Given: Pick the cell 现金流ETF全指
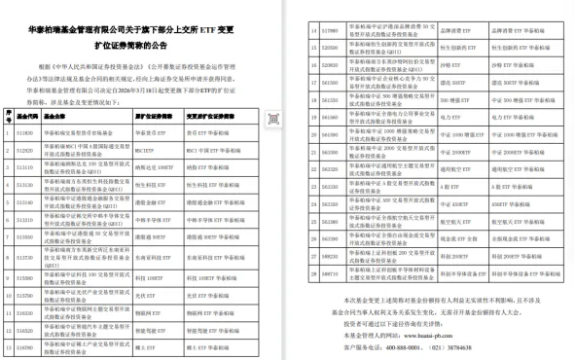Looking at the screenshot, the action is tap(453, 237).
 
